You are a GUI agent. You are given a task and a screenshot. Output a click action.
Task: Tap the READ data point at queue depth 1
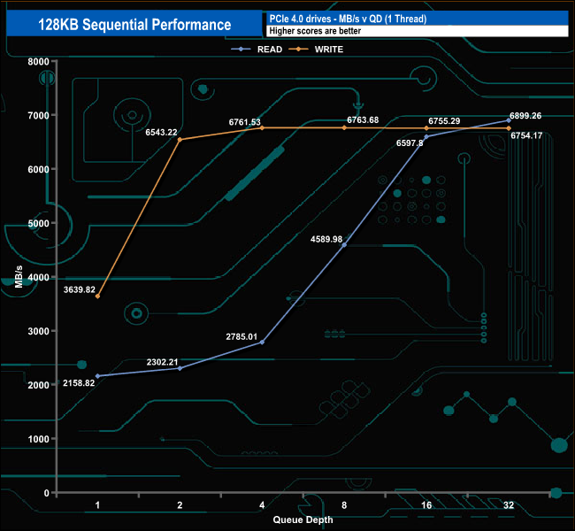(x=97, y=376)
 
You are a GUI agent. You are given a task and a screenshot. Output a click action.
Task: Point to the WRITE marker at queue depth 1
(x=97, y=296)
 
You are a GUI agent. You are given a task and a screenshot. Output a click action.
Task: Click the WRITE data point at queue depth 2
(x=180, y=139)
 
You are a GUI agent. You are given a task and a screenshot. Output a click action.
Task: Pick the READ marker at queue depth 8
(x=344, y=244)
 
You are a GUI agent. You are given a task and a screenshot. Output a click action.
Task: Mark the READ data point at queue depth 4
(x=262, y=342)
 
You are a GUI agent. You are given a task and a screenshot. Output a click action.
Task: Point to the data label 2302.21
(x=162, y=362)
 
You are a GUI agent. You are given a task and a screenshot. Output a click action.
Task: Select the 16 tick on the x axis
(x=426, y=504)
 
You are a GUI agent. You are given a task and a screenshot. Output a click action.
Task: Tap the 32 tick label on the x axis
(x=508, y=504)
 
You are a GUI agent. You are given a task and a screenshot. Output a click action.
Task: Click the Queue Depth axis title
(x=303, y=519)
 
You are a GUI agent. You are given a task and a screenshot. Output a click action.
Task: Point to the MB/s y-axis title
(x=19, y=277)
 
